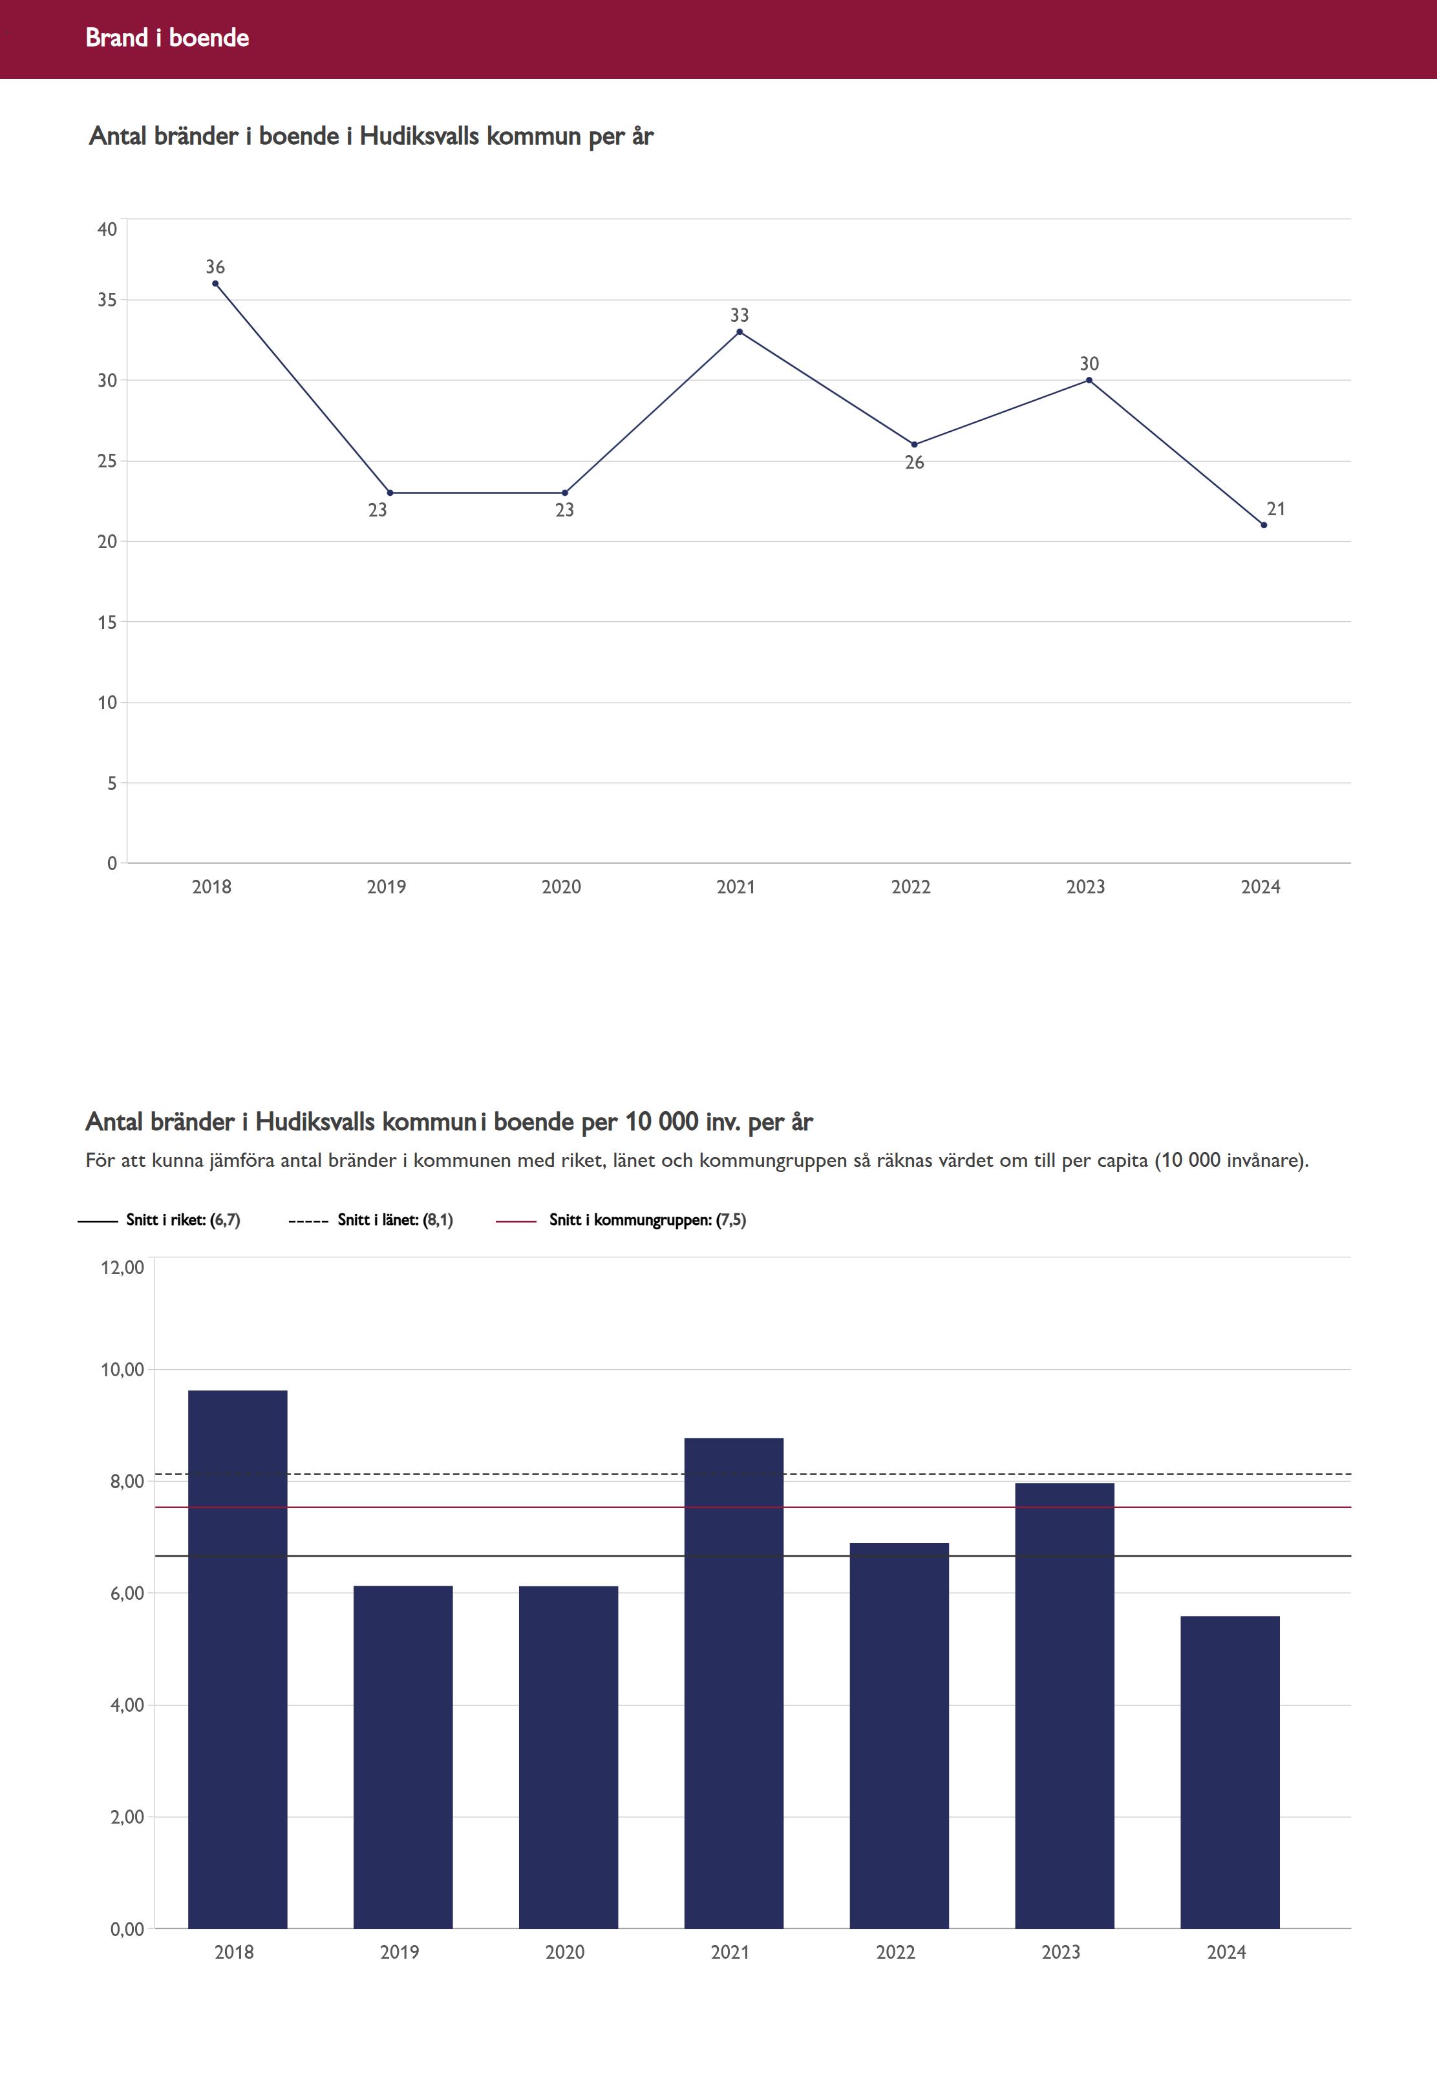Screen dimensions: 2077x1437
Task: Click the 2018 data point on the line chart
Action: [x=215, y=284]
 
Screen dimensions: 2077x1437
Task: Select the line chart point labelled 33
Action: [x=740, y=332]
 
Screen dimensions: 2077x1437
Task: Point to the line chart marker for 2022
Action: [x=914, y=445]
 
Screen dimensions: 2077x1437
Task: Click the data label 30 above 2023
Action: [x=1089, y=364]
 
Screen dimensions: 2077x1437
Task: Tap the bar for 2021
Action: [x=733, y=1683]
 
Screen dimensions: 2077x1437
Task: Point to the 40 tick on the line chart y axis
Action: [x=107, y=229]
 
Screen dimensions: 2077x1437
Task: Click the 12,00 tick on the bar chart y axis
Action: [x=122, y=1268]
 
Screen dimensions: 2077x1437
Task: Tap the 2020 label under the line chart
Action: [x=561, y=887]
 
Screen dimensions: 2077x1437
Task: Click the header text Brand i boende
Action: [x=167, y=37]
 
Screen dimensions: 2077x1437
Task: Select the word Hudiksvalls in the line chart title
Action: [x=419, y=136]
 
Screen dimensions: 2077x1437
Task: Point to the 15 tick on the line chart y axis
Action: [x=107, y=622]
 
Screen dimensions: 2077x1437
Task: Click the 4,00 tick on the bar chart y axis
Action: [x=127, y=1705]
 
